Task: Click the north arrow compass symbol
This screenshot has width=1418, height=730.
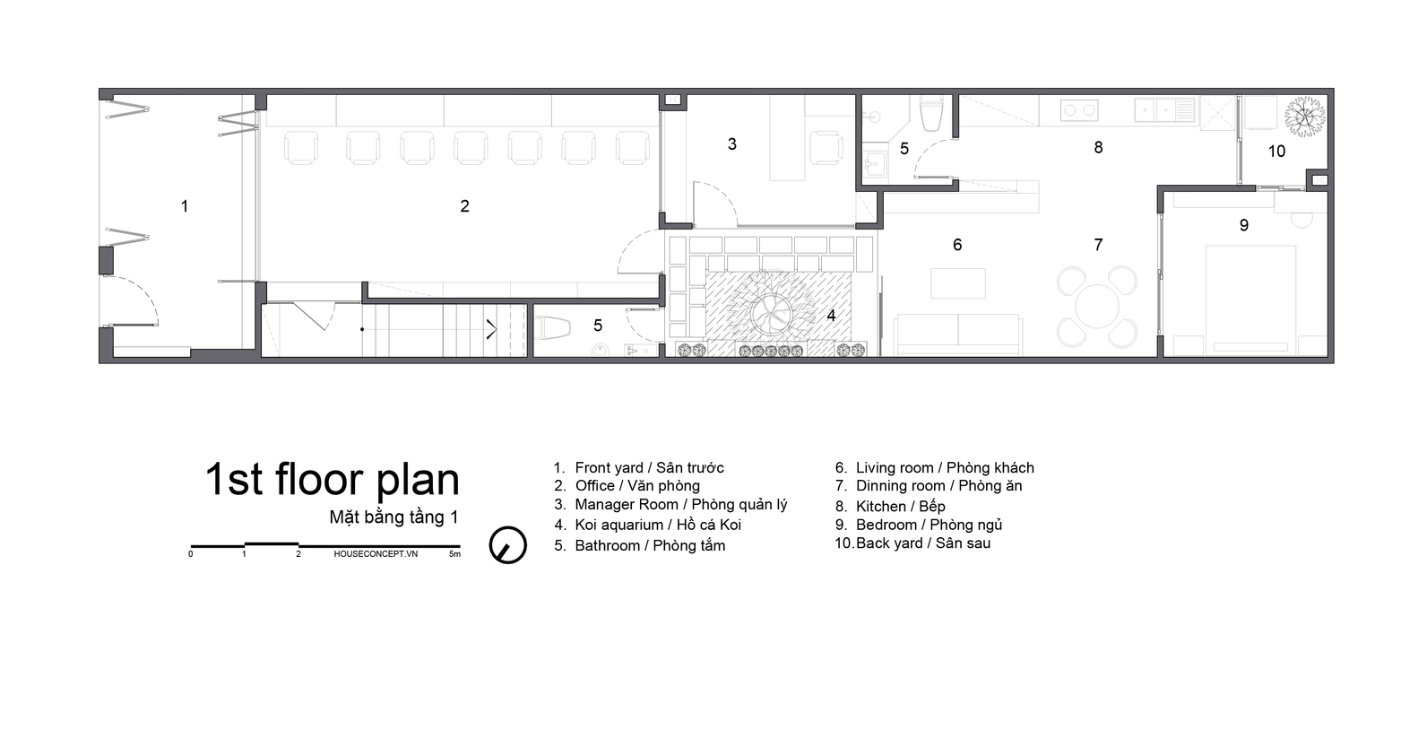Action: (x=507, y=545)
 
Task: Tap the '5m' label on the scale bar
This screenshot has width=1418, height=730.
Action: (x=454, y=554)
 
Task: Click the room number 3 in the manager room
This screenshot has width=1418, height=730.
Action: (x=731, y=144)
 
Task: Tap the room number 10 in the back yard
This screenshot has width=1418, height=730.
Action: (x=1277, y=152)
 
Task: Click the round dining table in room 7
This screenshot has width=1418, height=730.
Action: (x=1097, y=307)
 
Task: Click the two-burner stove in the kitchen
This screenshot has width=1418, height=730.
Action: (x=1079, y=110)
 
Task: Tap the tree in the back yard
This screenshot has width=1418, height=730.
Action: (x=1305, y=116)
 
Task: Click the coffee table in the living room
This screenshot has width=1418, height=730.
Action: (x=958, y=283)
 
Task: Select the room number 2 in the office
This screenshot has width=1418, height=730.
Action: (x=464, y=205)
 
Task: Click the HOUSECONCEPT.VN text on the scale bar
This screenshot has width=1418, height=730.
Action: (x=376, y=554)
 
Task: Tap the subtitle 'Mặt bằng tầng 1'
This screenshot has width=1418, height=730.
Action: (x=393, y=517)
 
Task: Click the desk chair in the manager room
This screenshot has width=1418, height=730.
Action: (x=826, y=148)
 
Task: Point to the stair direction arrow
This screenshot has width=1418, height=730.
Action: (x=491, y=329)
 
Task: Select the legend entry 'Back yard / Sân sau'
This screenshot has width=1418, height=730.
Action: (x=912, y=543)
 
